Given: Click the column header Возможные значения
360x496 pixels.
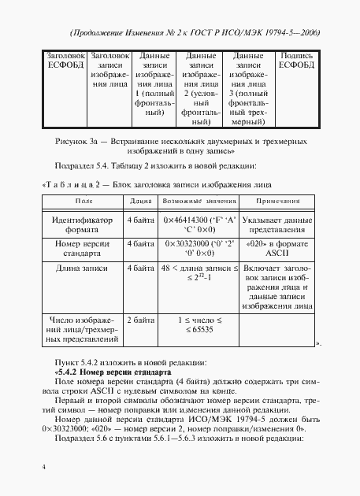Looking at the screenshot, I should point(195,202).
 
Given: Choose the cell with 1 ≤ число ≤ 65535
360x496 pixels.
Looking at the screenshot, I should point(195,327).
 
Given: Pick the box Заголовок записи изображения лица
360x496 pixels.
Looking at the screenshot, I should point(109,72).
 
